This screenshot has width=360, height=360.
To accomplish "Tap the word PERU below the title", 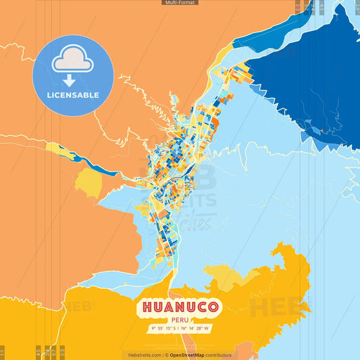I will coord(180,320).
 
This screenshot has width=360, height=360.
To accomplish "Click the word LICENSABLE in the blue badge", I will coord(73,95).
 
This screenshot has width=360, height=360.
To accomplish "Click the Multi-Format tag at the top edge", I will coord(180,3).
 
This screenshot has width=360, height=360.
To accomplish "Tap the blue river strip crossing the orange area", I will coord(88,161).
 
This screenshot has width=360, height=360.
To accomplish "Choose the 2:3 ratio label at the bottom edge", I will coord(62,352).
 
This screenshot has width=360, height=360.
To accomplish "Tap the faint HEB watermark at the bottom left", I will coord(78,307).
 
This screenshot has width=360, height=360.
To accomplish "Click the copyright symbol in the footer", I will coord(166,355).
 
